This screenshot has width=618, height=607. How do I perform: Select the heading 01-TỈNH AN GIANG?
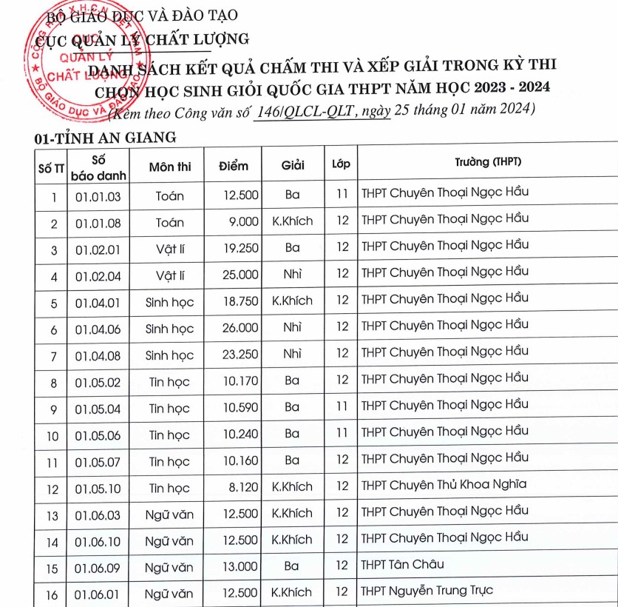[105, 137]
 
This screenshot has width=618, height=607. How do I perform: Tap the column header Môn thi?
[169, 167]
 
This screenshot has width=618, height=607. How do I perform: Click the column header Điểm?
[234, 167]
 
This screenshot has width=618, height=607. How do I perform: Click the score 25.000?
[240, 275]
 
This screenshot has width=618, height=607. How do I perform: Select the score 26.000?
[240, 328]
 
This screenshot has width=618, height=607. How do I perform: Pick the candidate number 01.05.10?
[98, 489]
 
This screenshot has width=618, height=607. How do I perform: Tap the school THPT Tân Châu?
[402, 565]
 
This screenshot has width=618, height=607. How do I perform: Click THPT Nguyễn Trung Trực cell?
[427, 591]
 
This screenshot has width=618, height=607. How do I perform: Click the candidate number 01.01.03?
[98, 196]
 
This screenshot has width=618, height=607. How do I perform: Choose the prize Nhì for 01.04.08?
[292, 355]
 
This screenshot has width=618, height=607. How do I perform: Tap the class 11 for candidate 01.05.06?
[342, 435]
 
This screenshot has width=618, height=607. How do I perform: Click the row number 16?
[53, 593]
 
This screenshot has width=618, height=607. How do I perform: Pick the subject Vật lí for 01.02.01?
[169, 249]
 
